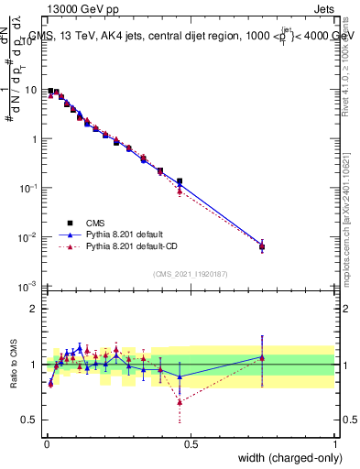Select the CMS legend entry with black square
click(x=95, y=222)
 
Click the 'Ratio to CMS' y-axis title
click(x=16, y=364)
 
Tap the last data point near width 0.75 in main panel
click(x=262, y=246)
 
